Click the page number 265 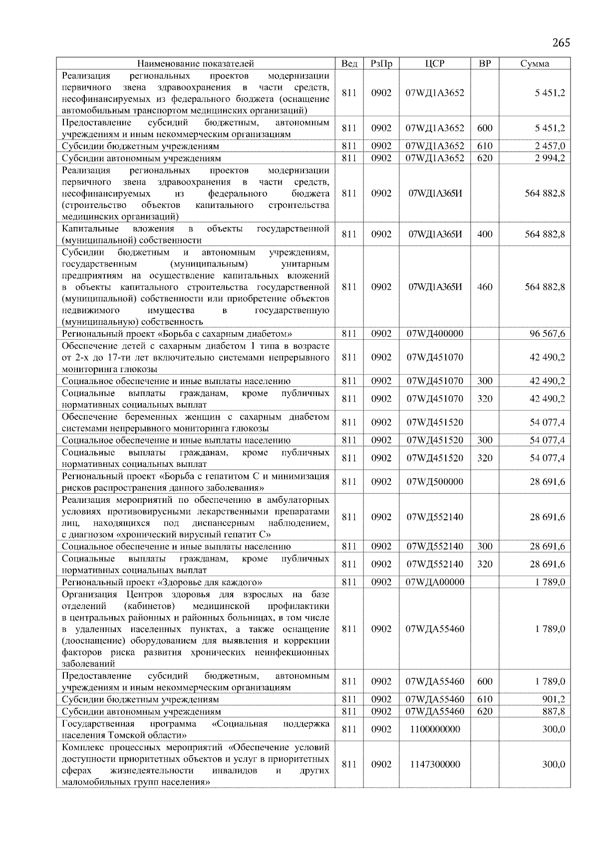(x=561, y=43)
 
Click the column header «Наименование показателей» (x=195, y=63)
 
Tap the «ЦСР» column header (x=435, y=63)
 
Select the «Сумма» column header (x=534, y=63)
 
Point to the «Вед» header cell (x=349, y=63)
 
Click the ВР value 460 (x=485, y=287)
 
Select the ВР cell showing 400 (x=485, y=234)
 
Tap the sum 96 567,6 (x=547, y=334)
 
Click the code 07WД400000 (x=435, y=334)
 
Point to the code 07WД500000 (x=435, y=481)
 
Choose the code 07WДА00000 (x=435, y=582)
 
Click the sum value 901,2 (x=554, y=699)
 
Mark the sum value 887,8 (x=554, y=711)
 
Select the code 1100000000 (x=435, y=729)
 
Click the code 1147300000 (x=435, y=764)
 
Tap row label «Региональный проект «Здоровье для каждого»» (x=162, y=582)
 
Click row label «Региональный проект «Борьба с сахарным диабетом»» (x=177, y=334)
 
